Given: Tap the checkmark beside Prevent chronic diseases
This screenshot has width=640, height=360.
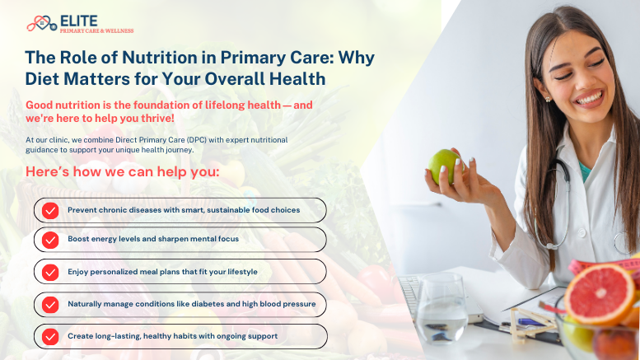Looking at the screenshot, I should (x=51, y=210).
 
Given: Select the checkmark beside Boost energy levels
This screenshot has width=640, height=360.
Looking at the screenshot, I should (x=51, y=240).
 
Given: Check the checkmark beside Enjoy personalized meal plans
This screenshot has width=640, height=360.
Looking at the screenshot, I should (x=51, y=272).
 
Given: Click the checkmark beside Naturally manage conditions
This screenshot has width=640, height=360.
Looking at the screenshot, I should (x=51, y=304).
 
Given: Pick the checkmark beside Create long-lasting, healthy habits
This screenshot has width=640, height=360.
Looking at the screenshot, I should (x=51, y=336).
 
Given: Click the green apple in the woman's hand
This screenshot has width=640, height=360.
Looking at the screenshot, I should (x=446, y=166).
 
